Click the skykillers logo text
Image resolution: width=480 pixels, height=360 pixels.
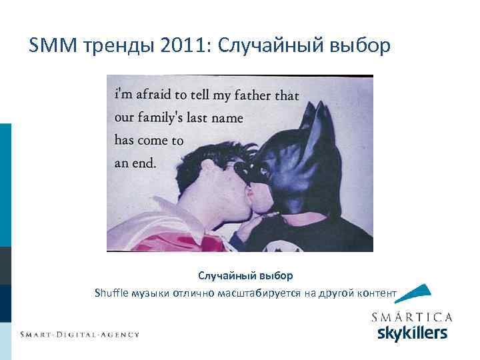pyautogui.click(x=412, y=333)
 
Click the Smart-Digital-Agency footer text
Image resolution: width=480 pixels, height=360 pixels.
pyautogui.click(x=79, y=334)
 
